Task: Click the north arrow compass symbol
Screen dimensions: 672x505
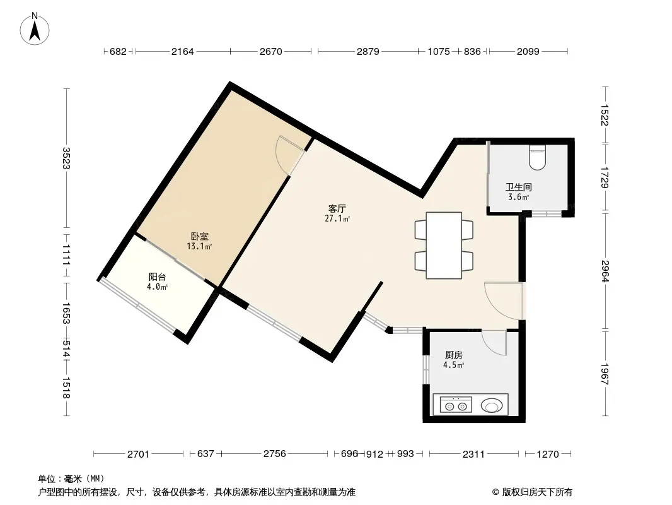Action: point(35,29)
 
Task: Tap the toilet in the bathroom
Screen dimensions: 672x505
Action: point(537,157)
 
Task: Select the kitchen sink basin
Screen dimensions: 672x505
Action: point(491,405)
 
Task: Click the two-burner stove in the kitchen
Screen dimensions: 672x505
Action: point(456,405)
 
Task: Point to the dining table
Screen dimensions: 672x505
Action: point(444,246)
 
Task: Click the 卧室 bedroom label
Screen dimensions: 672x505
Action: point(200,237)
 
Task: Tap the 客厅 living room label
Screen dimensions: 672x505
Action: point(337,209)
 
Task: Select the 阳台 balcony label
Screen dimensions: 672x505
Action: point(158,277)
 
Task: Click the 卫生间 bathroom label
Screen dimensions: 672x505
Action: point(519,187)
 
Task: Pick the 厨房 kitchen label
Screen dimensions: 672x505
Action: point(453,355)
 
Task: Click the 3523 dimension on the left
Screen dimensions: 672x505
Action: point(66,158)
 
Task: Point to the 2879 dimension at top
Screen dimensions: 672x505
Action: point(368,52)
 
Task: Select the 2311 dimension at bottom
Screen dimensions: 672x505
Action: point(473,454)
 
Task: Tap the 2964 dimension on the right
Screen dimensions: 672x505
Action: point(605,271)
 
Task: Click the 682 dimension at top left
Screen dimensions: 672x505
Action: point(119,52)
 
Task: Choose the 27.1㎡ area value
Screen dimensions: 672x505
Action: point(337,219)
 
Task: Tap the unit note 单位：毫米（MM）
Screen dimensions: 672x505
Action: point(71,478)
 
